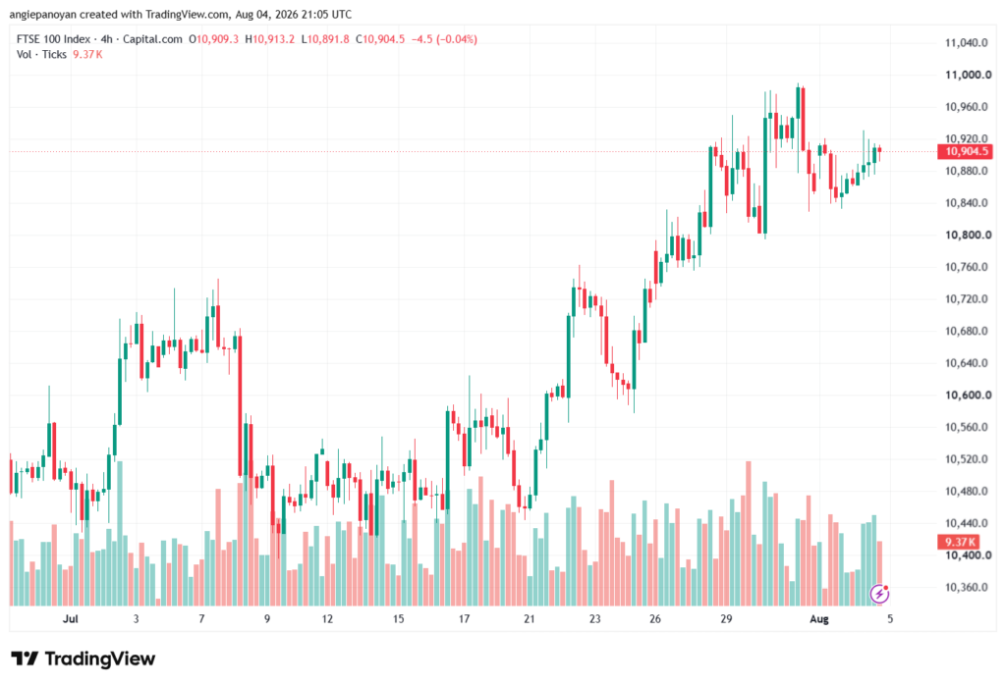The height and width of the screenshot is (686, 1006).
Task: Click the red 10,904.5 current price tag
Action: point(965,151)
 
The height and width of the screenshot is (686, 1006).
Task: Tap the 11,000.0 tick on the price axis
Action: point(968,75)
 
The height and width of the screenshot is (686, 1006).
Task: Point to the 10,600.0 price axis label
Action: point(968,395)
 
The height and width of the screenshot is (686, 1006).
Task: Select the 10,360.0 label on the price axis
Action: point(967,587)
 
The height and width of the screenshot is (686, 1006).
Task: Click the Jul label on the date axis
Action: point(70,618)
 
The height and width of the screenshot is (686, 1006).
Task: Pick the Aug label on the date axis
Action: point(819,618)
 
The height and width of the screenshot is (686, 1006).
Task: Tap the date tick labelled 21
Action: point(529,618)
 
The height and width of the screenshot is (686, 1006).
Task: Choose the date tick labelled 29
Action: point(726,618)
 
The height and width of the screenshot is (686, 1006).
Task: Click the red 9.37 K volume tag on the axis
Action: point(959,542)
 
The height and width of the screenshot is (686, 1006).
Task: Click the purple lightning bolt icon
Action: point(879,594)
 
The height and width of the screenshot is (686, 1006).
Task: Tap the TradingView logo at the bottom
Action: point(84,659)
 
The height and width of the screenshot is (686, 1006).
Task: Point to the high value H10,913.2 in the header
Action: point(270,39)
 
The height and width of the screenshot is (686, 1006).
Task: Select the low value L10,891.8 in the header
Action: point(325,39)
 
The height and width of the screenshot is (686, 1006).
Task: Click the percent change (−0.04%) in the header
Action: point(457,39)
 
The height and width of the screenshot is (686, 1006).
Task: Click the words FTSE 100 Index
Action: point(53,39)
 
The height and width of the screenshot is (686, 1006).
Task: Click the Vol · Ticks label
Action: point(41,55)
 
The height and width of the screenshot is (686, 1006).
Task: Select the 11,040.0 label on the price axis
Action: point(967,43)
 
